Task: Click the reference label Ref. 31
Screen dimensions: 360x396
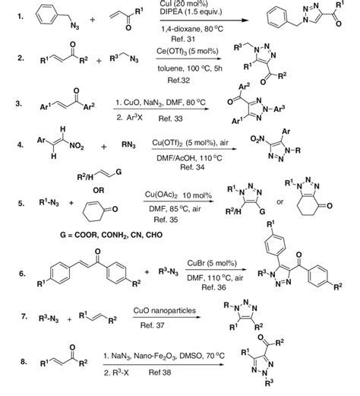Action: click(183, 39)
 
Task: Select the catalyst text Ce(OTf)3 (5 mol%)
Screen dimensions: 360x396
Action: click(188, 52)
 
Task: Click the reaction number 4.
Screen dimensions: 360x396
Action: click(21, 145)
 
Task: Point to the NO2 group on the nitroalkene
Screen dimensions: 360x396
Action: click(77, 146)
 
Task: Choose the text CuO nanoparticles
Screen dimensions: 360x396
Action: click(165, 310)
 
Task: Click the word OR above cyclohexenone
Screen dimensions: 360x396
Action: click(99, 190)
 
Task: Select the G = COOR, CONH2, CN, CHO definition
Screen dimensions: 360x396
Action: click(111, 235)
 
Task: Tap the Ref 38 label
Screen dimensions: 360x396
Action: click(159, 372)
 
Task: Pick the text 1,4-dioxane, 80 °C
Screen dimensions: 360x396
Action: click(192, 29)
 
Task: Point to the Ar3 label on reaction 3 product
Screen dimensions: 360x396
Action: click(279, 109)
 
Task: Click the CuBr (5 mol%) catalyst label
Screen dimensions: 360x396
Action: click(212, 263)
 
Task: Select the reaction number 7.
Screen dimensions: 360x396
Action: click(24, 316)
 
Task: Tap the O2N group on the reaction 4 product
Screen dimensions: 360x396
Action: click(257, 139)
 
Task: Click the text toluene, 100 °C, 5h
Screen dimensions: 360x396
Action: click(190, 68)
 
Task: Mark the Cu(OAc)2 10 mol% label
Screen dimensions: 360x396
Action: click(178, 195)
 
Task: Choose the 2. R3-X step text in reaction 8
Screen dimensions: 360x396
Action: click(116, 372)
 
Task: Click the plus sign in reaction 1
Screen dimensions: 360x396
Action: click(93, 19)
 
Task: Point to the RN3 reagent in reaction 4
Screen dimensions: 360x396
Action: click(128, 145)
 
